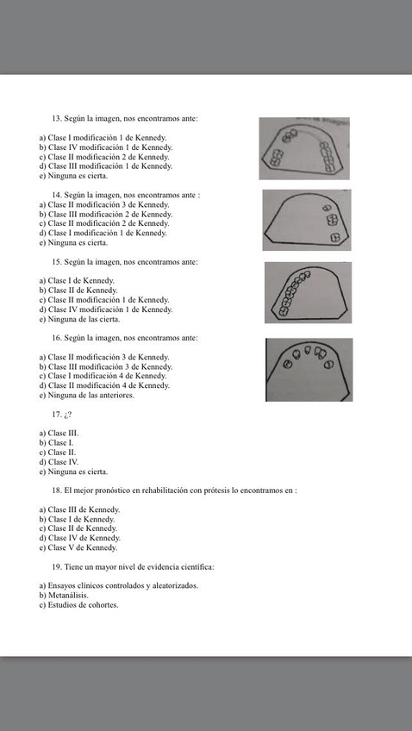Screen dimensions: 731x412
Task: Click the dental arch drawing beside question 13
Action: pyautogui.click(x=303, y=148)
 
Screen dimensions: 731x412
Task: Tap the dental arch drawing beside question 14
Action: pyautogui.click(x=306, y=220)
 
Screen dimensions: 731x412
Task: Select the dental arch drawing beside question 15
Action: pyautogui.click(x=308, y=292)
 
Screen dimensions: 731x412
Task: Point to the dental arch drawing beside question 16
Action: pyautogui.click(x=309, y=370)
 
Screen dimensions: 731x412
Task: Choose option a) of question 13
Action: pyautogui.click(x=103, y=138)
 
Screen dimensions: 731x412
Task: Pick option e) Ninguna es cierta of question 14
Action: pyautogui.click(x=73, y=242)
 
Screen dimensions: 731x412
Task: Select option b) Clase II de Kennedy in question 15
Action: pyautogui.click(x=78, y=291)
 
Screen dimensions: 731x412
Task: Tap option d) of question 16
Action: pyautogui.click(x=104, y=385)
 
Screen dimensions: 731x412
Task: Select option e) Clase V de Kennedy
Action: pyautogui.click(x=78, y=547)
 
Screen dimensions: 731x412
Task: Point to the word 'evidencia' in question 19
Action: pyautogui.click(x=152, y=567)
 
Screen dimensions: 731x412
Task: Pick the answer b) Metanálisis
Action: pyautogui.click(x=64, y=596)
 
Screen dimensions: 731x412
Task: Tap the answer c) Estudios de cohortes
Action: pyautogui.click(x=78, y=605)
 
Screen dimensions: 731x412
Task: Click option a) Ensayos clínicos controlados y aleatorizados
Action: pyautogui.click(x=118, y=586)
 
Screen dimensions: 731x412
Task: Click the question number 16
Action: pyautogui.click(x=57, y=338)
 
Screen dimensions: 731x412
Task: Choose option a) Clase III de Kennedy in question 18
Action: pyautogui.click(x=79, y=509)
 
